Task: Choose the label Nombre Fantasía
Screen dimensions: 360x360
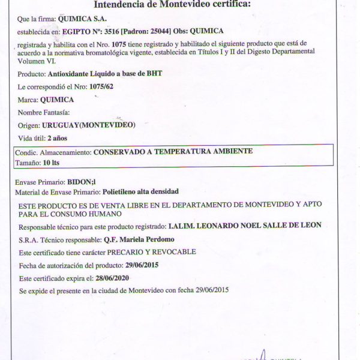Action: pos(44,112)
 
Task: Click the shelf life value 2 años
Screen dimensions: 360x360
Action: pos(57,138)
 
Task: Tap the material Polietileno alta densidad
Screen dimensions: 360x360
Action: pos(139,192)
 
